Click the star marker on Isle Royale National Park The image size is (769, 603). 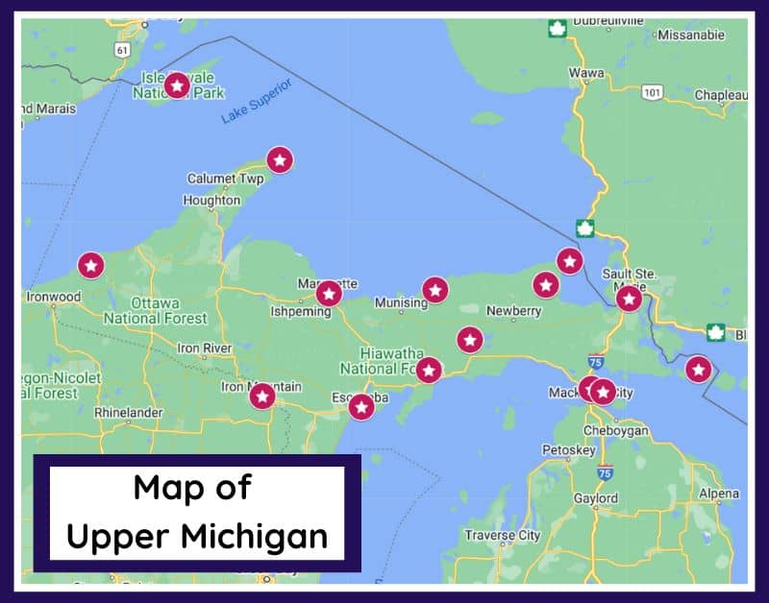(176, 85)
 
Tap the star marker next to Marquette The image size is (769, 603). (329, 293)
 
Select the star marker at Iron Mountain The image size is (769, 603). (261, 396)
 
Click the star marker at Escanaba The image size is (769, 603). (360, 407)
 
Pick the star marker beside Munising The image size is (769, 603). (435, 289)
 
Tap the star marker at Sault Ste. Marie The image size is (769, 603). (629, 299)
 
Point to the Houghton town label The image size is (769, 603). (211, 201)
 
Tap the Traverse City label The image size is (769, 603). (502, 535)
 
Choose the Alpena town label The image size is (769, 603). (719, 494)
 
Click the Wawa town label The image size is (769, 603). (586, 73)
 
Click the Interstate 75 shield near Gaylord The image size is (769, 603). (604, 472)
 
